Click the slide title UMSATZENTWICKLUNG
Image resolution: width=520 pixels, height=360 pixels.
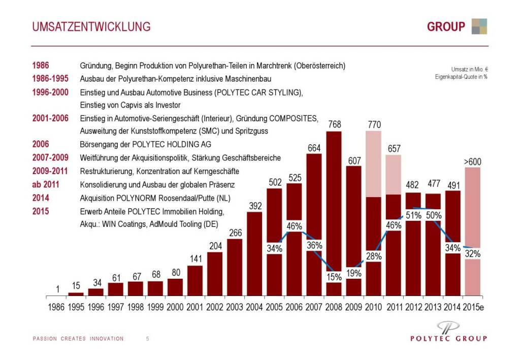pos(91,26)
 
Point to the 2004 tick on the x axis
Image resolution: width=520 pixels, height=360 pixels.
pos(254,307)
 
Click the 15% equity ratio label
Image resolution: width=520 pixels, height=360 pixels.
pos(334,277)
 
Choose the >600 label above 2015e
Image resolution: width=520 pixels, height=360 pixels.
pos(472,161)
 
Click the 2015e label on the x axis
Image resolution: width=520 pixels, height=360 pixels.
pos(472,307)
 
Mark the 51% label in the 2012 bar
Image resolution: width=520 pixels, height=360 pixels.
pos(413,215)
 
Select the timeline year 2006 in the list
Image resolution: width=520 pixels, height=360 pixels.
pos(41,144)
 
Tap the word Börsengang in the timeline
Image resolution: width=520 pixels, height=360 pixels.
pos(96,144)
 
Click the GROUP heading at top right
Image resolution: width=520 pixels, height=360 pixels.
pos(446,26)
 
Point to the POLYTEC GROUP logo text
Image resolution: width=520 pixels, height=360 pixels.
pos(448,338)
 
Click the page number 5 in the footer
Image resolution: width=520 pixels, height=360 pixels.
pos(147,339)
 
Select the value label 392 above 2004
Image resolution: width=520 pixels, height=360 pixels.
pos(254,206)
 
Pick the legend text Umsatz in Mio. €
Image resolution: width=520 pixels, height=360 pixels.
pos(469,69)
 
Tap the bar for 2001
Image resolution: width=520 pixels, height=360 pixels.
pos(195,281)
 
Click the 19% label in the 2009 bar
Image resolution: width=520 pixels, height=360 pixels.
pos(353,272)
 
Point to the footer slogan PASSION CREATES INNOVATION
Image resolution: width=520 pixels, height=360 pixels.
pos(78,339)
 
